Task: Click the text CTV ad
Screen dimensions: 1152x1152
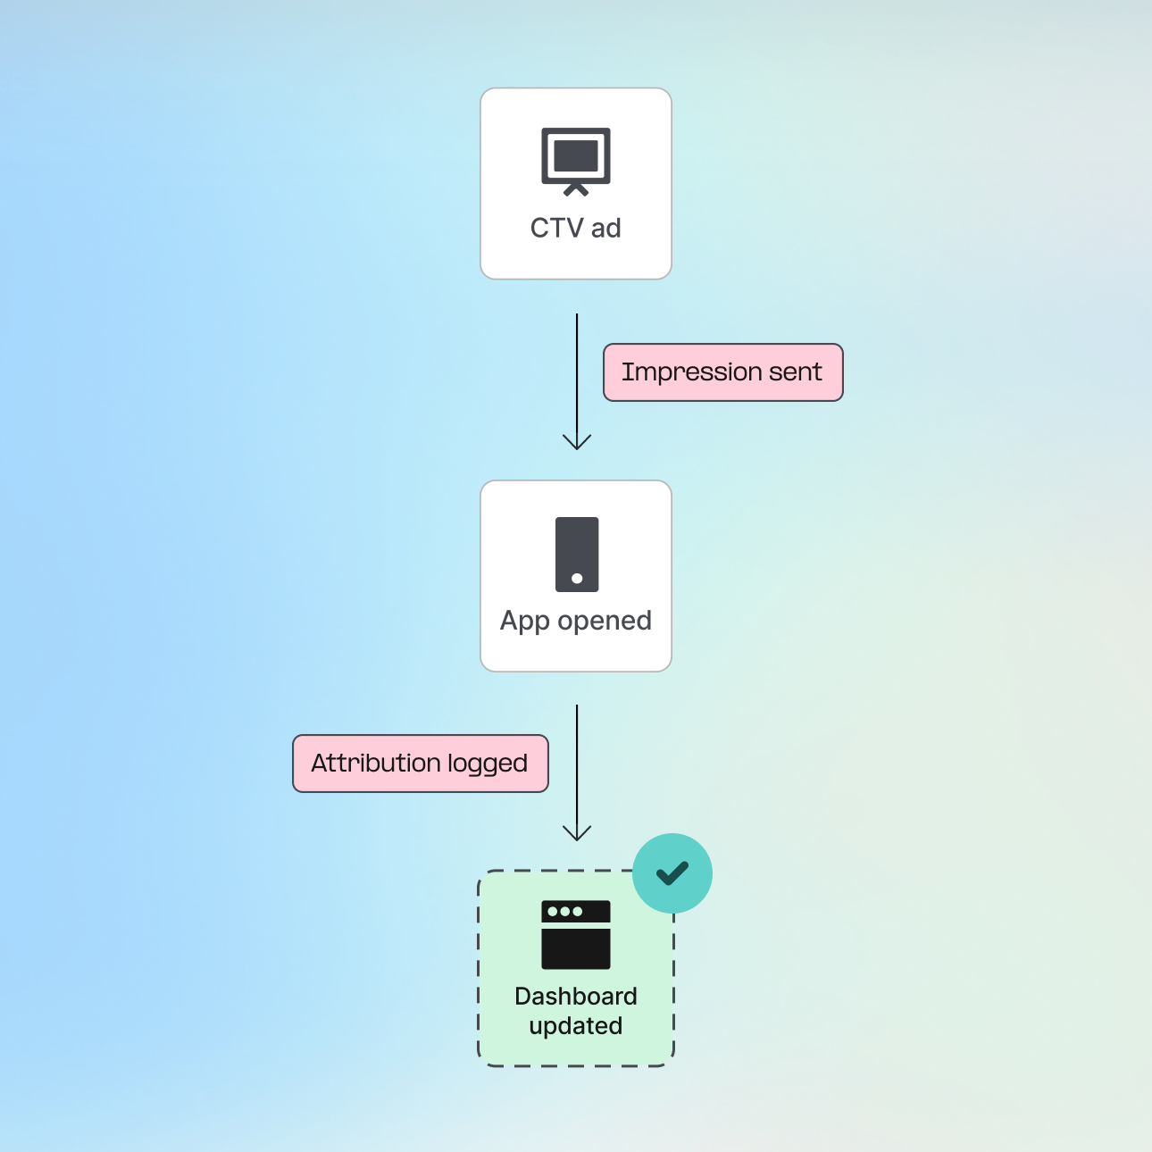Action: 576,229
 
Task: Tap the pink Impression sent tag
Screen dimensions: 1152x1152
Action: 722,372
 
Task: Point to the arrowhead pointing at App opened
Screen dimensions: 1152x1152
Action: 577,442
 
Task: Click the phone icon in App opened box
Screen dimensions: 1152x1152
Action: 577,554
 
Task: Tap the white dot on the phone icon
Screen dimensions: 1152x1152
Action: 577,579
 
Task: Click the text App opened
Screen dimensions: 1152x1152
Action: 576,621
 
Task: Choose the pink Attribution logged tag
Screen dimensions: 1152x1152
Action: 420,764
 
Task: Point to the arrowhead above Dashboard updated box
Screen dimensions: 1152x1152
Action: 577,833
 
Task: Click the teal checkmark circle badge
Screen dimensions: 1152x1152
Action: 672,873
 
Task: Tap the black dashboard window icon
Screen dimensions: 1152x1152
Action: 576,935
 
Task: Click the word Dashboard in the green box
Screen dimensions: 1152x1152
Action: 576,997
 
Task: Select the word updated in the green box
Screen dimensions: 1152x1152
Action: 576,1026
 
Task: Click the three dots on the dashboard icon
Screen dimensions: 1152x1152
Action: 564,912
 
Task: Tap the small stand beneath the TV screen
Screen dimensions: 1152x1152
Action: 576,189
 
